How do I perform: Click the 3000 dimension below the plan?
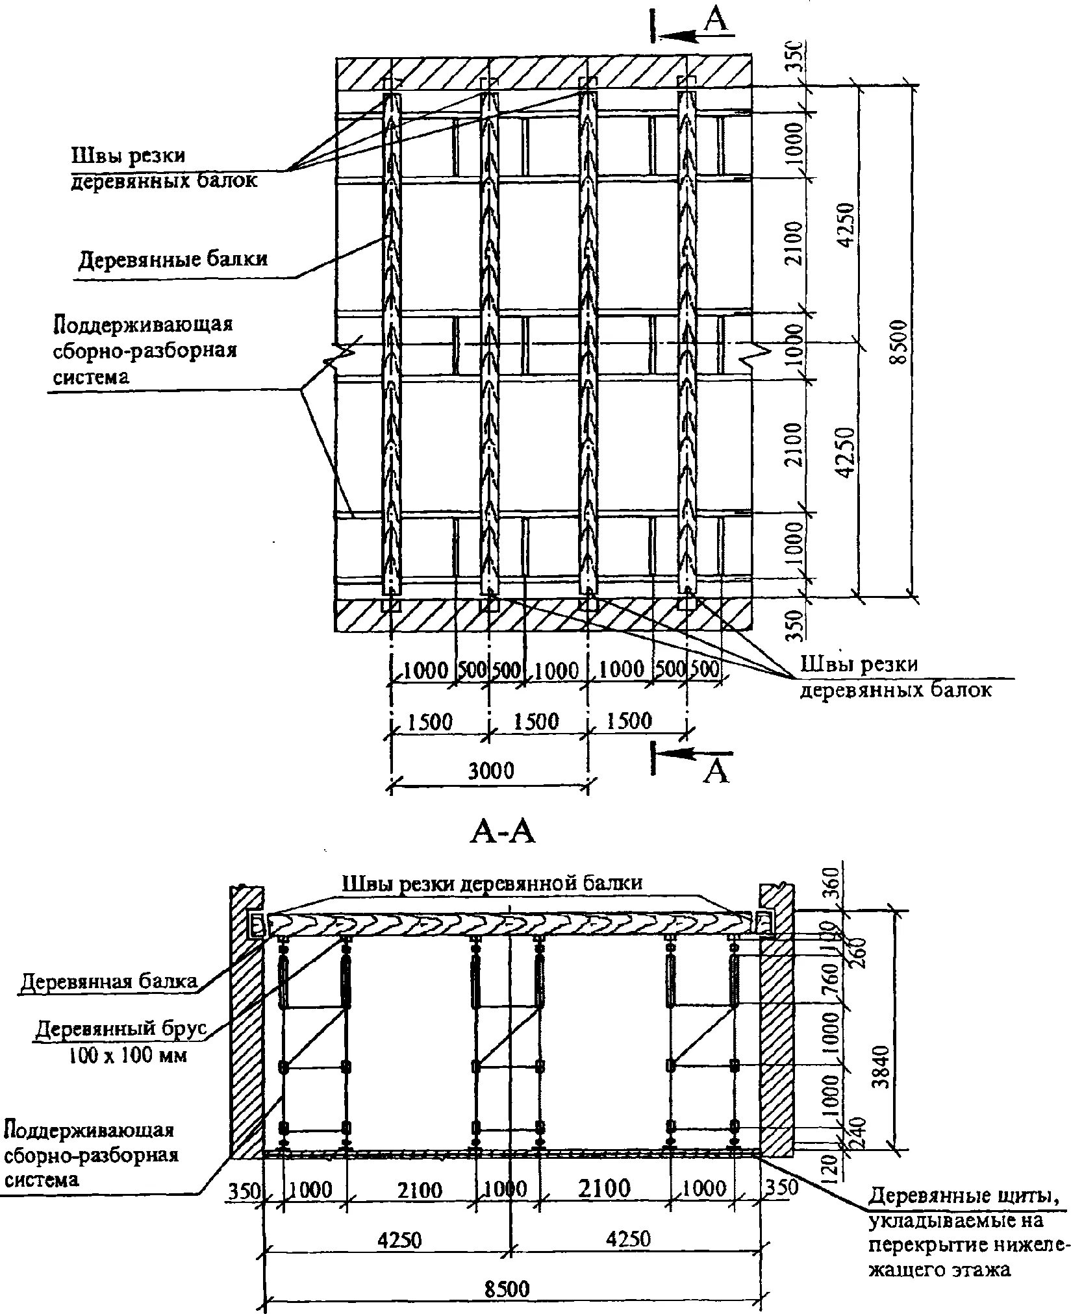click(x=491, y=771)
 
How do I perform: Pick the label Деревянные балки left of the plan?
click(x=173, y=260)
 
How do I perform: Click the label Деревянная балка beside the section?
click(x=109, y=981)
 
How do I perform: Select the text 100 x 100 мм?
click(x=128, y=1056)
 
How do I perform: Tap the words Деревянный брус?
click(x=121, y=1030)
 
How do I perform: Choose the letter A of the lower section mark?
click(x=716, y=773)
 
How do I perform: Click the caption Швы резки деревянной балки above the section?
click(x=492, y=883)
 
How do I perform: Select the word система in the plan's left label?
click(x=91, y=377)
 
